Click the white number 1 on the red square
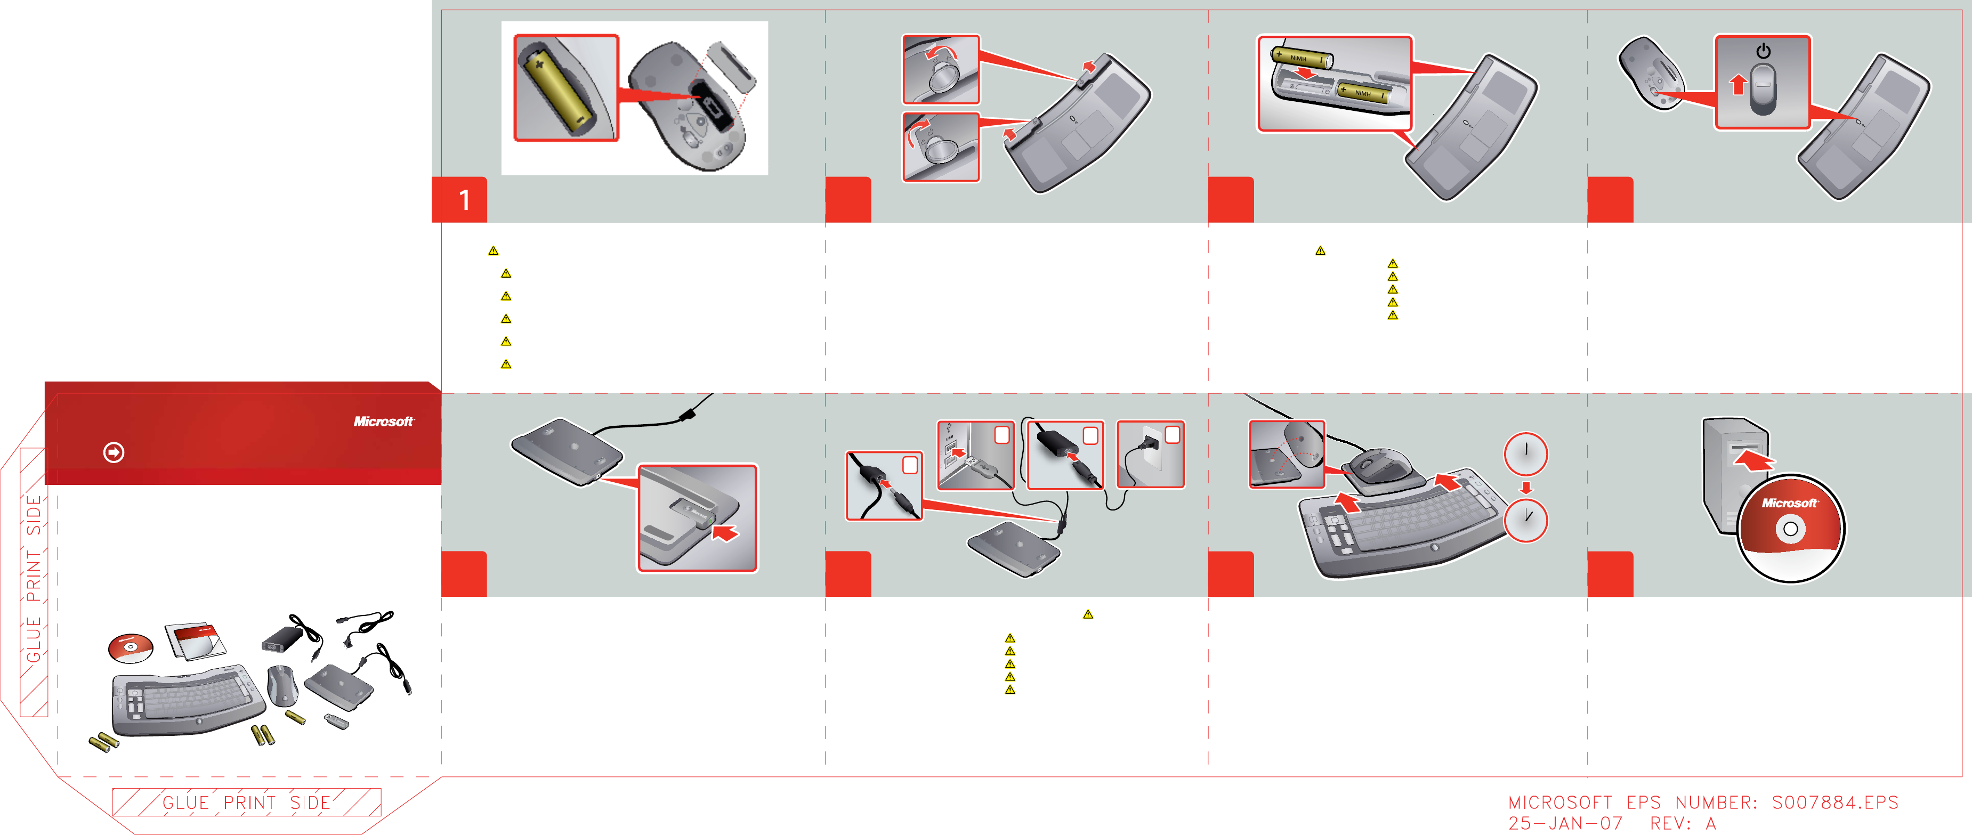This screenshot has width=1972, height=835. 464,200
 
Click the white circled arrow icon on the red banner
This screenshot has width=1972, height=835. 114,452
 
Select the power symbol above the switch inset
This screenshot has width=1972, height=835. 1764,51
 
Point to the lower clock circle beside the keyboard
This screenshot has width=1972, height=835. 1526,520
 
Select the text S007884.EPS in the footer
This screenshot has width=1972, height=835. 1835,802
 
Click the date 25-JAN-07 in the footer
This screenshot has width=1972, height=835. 1565,823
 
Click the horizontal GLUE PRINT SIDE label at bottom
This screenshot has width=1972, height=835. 246,802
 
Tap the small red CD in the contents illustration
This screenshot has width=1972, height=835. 130,647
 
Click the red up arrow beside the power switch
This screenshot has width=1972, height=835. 1739,84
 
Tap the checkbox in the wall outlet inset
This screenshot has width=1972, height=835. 1172,435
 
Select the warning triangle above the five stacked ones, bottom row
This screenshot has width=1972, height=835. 1088,614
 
